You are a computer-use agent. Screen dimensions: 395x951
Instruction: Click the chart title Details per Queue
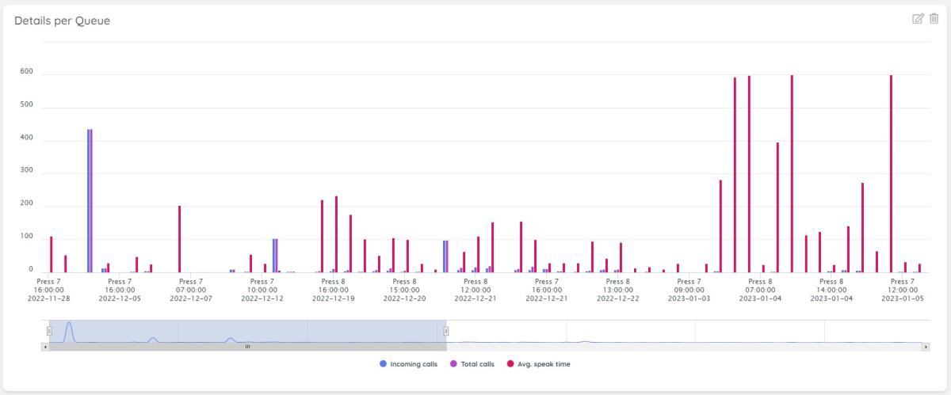(x=62, y=21)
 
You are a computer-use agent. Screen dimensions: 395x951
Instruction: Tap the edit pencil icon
(x=919, y=18)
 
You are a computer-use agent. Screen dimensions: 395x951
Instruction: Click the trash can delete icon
(x=934, y=18)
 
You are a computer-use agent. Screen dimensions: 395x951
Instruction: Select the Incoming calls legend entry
(x=408, y=364)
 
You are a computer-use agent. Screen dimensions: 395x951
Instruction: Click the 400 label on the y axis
(x=26, y=140)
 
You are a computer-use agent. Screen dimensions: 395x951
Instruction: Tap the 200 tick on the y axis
(x=26, y=206)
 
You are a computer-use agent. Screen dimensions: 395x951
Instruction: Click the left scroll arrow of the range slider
(x=45, y=347)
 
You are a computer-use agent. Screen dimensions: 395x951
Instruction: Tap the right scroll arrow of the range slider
(x=926, y=347)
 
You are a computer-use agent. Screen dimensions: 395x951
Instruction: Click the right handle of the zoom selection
(x=445, y=331)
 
